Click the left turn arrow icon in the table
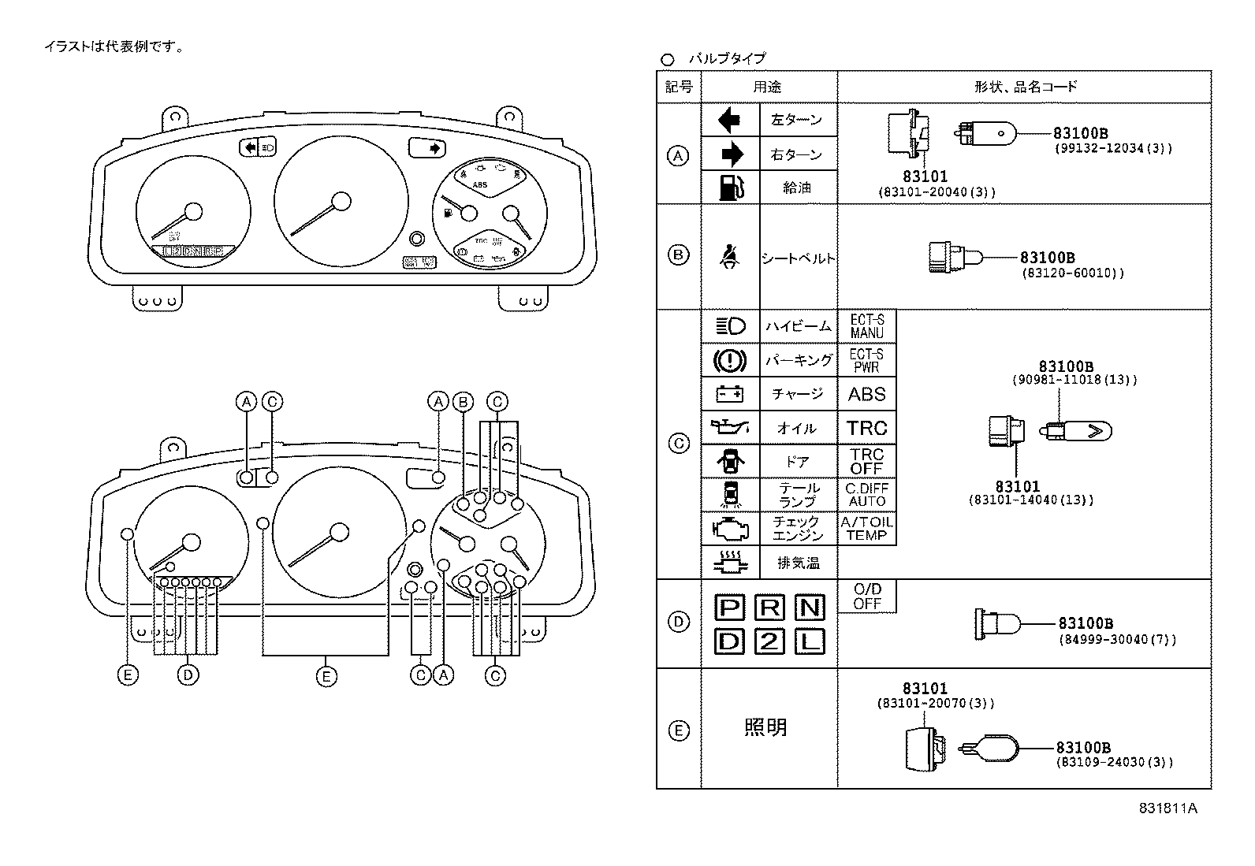pyautogui.click(x=729, y=120)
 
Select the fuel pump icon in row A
pyautogui.click(x=730, y=188)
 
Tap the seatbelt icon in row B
pyautogui.click(x=730, y=256)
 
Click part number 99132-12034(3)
pyautogui.click(x=1113, y=148)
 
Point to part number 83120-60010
pyautogui.click(x=1071, y=273)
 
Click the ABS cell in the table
pyautogui.click(x=866, y=394)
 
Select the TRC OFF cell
pyautogui.click(x=866, y=462)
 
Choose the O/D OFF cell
pyautogui.click(x=866, y=597)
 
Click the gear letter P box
pyautogui.click(x=729, y=607)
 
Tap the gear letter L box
pyautogui.click(x=810, y=641)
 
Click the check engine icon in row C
pyautogui.click(x=729, y=528)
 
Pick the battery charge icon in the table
pyautogui.click(x=729, y=394)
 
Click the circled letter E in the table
pyautogui.click(x=678, y=730)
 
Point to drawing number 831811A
pyautogui.click(x=1167, y=808)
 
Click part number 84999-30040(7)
pyautogui.click(x=1116, y=639)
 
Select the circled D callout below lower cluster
pyautogui.click(x=188, y=675)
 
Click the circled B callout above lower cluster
pyautogui.click(x=463, y=402)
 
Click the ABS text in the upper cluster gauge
pyautogui.click(x=480, y=185)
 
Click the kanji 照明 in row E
pyautogui.click(x=765, y=727)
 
